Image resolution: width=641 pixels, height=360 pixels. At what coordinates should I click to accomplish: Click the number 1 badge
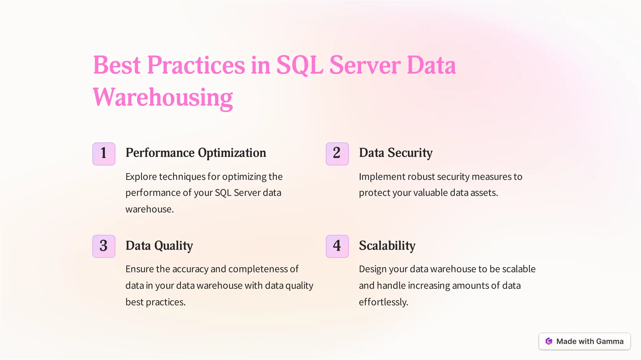[x=104, y=154]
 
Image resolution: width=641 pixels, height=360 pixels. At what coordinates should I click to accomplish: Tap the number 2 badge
[x=337, y=154]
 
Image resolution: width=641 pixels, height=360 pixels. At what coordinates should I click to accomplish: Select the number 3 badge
[x=104, y=246]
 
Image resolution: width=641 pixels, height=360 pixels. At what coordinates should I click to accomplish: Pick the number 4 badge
[x=337, y=246]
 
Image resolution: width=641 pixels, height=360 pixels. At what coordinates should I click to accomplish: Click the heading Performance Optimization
[x=196, y=153]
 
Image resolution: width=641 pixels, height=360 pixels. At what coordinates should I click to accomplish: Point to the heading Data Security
[x=396, y=153]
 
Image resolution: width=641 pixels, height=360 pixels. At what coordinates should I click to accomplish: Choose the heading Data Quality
[x=159, y=246]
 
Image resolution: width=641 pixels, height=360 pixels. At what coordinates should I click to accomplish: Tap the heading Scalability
[x=387, y=246]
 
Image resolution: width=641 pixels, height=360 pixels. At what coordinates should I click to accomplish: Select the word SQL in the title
[x=300, y=65]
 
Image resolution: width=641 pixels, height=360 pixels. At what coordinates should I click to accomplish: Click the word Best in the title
[x=117, y=65]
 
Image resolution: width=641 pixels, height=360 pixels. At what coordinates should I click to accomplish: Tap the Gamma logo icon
[x=549, y=341]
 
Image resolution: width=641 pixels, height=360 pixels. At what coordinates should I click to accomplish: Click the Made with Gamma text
[x=590, y=341]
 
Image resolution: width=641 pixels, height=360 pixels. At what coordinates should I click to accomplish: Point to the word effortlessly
[x=383, y=302]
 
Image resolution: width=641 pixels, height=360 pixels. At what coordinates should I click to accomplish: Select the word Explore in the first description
[x=141, y=177]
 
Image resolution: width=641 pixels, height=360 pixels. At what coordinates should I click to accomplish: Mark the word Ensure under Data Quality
[x=139, y=269]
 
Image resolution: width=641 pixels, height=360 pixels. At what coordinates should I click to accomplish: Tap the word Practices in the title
[x=196, y=65]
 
